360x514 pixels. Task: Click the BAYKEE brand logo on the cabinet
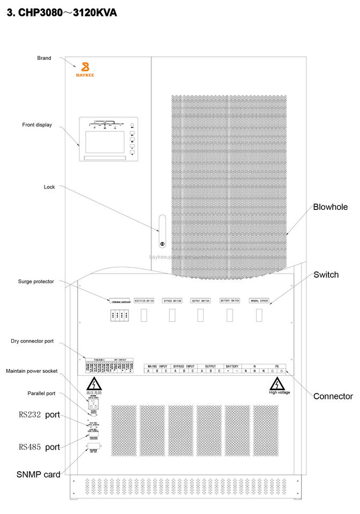[x=84, y=70]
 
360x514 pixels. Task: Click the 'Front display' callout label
[x=37, y=125]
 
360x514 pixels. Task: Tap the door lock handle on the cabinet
[x=162, y=231]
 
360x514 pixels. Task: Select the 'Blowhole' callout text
[x=330, y=207]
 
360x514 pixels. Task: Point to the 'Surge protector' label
[x=36, y=281]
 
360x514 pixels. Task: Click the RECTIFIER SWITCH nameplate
[x=144, y=301]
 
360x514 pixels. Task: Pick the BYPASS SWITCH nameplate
[x=172, y=301]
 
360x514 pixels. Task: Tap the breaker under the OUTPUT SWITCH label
[x=200, y=315]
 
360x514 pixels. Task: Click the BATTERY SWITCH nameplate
[x=230, y=301]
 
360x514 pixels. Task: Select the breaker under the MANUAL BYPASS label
[x=259, y=315]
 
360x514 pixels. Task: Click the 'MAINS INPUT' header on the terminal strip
[x=156, y=366]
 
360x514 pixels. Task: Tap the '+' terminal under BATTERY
[x=228, y=371]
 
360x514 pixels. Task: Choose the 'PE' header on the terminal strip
[x=277, y=366]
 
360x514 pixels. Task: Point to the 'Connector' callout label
[x=333, y=396]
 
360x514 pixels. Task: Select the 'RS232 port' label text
[x=39, y=414]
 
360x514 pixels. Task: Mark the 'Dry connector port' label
[x=32, y=341]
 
